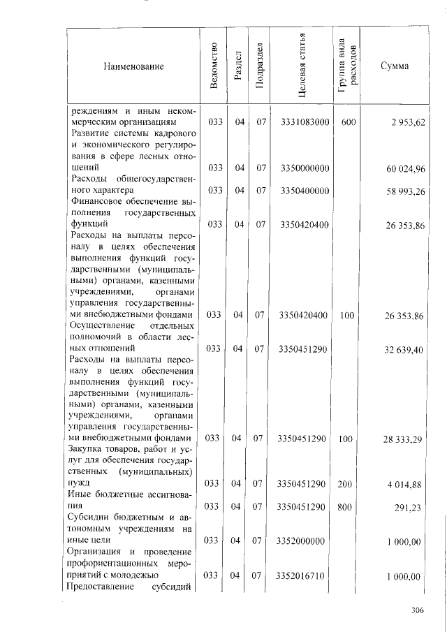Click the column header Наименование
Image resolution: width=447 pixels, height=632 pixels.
(x=133, y=66)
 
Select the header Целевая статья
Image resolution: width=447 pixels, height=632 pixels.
(x=302, y=66)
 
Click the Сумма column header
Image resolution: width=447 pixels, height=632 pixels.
(x=395, y=66)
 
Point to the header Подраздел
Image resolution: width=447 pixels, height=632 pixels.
(x=260, y=66)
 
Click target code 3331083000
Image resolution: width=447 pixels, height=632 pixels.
(x=304, y=122)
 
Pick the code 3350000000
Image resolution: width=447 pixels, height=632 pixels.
(x=304, y=168)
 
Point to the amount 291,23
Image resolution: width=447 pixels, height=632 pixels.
(x=410, y=508)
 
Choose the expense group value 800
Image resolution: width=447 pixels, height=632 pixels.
(x=344, y=506)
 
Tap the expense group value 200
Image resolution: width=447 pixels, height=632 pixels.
(x=344, y=483)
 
